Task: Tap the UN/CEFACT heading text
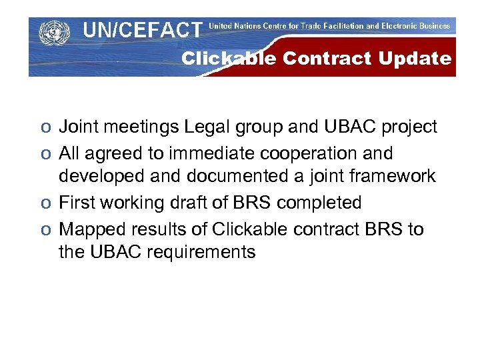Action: coord(142,30)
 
